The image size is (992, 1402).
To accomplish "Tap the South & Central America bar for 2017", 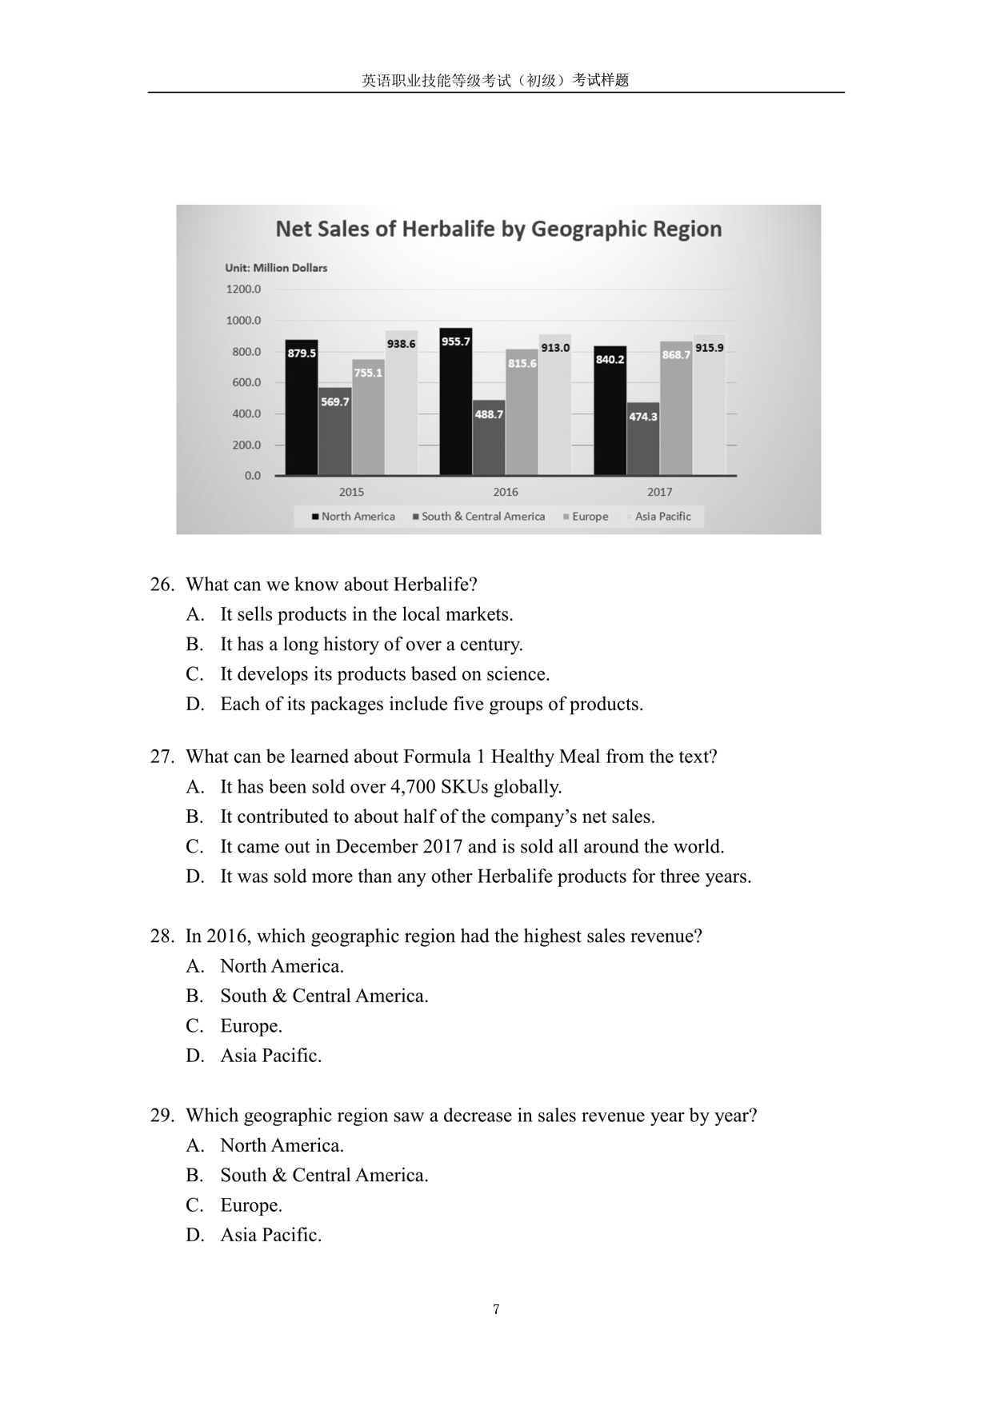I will tap(643, 439).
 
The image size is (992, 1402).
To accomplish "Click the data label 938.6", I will tap(401, 344).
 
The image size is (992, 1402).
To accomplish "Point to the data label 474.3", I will tap(643, 417).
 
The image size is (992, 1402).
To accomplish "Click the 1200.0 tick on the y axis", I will tap(243, 290).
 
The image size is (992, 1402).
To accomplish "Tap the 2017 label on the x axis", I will tap(659, 492).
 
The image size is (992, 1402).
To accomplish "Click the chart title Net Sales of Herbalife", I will tap(498, 230).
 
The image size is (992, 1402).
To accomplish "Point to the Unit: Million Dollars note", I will tap(276, 268).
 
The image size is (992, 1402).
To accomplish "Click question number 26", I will tap(162, 585).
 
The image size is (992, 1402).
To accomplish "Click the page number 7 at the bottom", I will tap(496, 1309).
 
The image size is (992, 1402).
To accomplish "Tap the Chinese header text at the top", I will tap(495, 80).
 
